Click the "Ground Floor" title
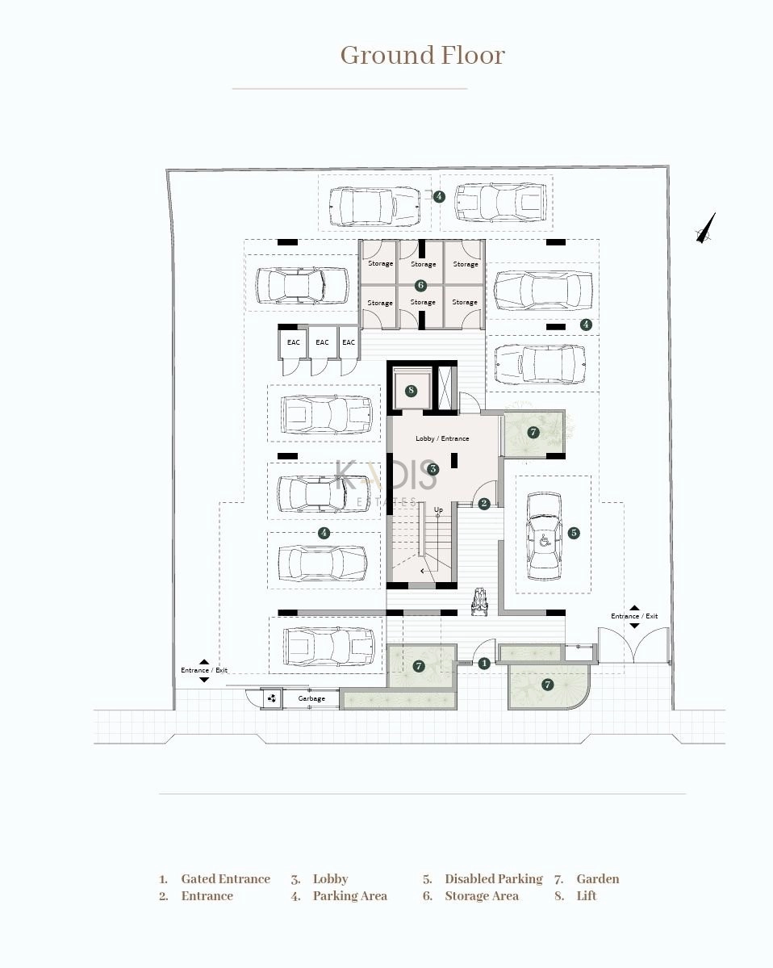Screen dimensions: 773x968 click(x=423, y=56)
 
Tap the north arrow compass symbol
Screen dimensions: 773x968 click(x=706, y=228)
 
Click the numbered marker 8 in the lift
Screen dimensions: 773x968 click(x=411, y=390)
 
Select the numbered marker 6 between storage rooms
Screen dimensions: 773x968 click(x=420, y=285)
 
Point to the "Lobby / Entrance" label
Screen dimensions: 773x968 click(x=442, y=438)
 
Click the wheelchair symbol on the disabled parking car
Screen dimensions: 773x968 click(x=545, y=542)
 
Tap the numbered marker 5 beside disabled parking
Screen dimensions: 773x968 click(x=574, y=533)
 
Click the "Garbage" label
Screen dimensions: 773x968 click(x=311, y=699)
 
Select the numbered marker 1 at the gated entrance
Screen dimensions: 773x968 click(x=484, y=664)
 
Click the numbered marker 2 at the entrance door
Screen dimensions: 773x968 click(x=484, y=504)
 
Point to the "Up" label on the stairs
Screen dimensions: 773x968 click(x=439, y=509)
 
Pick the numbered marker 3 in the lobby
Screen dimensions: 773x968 click(x=433, y=469)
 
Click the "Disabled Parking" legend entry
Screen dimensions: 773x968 click(x=494, y=879)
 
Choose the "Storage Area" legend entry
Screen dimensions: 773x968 click(x=482, y=896)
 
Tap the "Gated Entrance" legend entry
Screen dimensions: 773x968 click(x=226, y=879)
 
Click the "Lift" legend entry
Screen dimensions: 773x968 click(x=587, y=896)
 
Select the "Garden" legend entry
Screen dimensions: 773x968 click(x=598, y=879)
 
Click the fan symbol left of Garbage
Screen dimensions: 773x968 click(x=271, y=699)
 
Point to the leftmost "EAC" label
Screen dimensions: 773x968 click(x=294, y=342)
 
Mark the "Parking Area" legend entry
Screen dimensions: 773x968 click(x=350, y=896)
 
